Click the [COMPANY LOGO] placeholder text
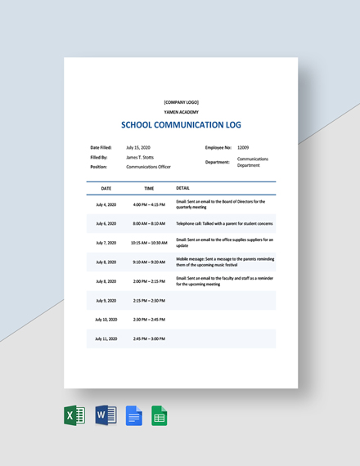181,102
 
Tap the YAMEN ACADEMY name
181,112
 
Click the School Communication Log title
181,125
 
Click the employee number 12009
244,147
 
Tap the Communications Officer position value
148,167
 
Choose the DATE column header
106,188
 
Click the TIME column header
149,188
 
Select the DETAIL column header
183,188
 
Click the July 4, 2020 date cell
106,204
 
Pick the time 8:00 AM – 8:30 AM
149,223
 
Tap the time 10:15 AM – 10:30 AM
149,243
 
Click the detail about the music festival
225,262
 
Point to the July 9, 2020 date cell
106,300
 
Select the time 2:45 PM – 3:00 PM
149,338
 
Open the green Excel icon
74,415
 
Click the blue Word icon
106,415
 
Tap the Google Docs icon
134,416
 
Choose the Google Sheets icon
160,416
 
